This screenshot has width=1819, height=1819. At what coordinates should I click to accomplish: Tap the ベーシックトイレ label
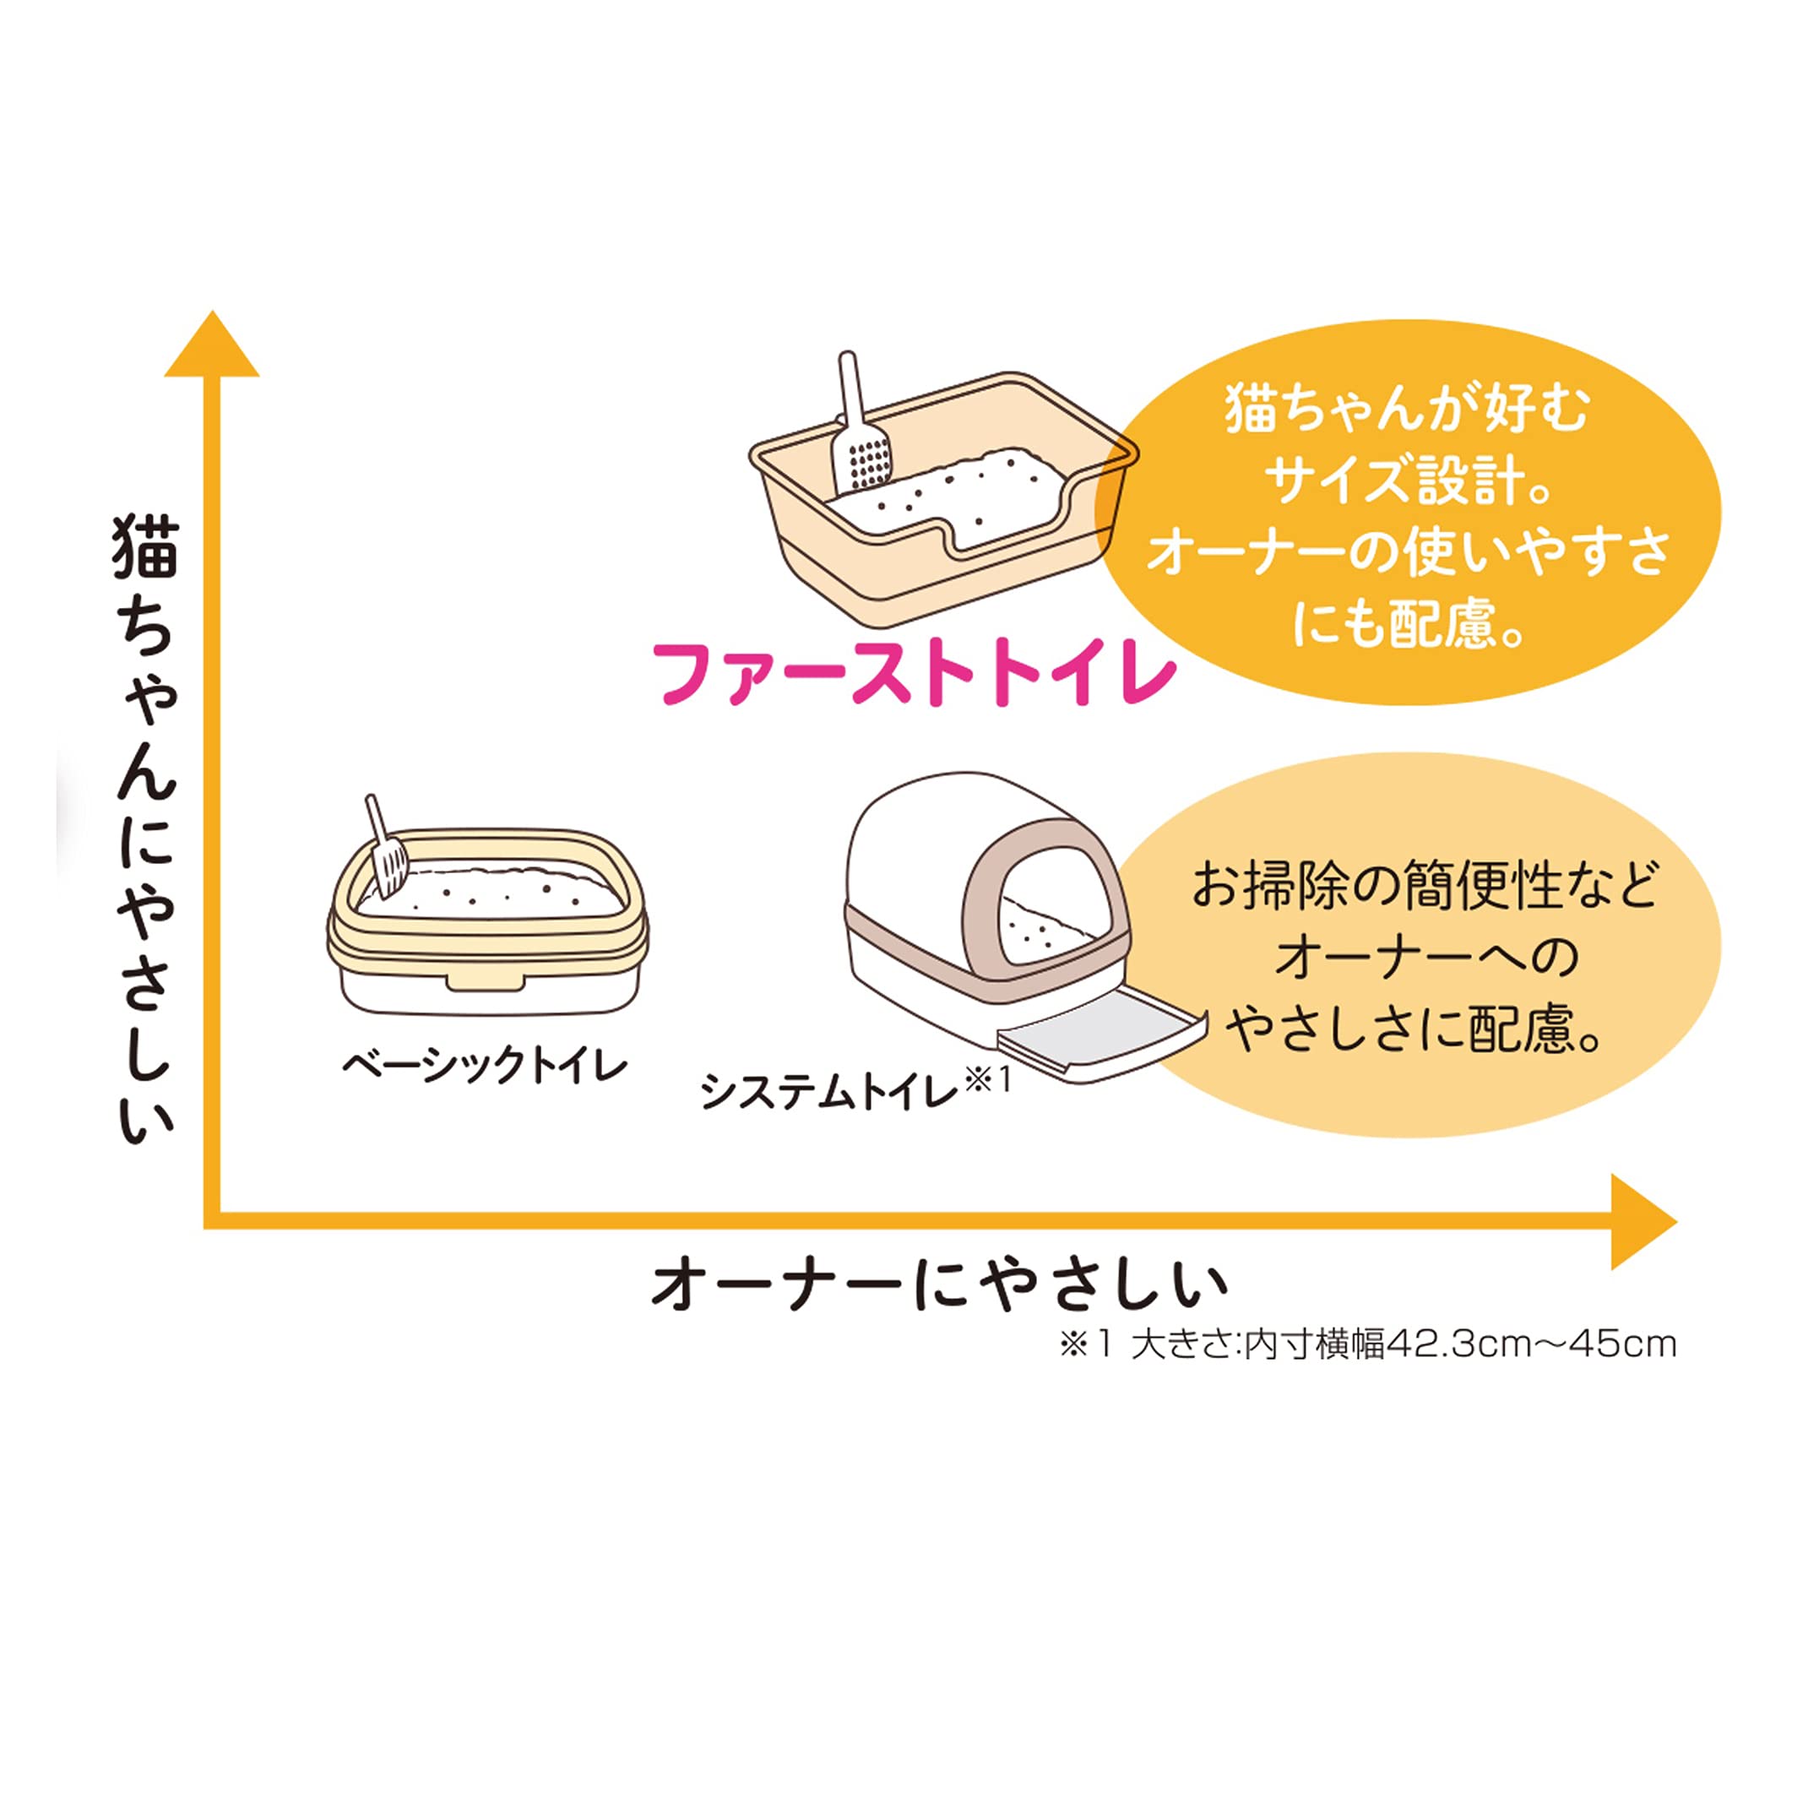coord(483,1067)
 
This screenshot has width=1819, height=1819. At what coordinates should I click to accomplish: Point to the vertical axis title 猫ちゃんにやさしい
coord(146,828)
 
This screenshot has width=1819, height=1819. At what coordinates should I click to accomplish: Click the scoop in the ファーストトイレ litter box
coord(859,433)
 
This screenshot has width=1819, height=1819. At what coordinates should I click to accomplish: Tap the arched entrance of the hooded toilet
coord(1055,904)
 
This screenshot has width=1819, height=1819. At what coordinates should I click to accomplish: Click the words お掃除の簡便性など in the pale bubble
coord(1425,887)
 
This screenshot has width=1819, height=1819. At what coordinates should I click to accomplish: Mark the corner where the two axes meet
coord(213,1221)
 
